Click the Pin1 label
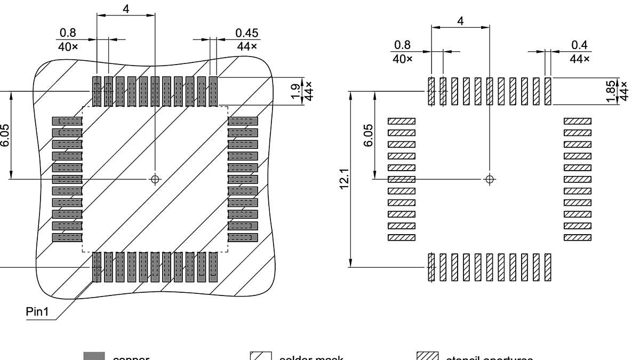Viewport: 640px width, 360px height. tap(37, 312)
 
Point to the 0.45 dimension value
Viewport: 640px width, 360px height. tap(246, 33)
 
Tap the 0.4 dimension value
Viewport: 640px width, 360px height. tap(580, 46)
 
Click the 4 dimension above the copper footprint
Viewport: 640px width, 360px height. tap(126, 9)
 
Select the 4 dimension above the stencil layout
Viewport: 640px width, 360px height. tap(460, 21)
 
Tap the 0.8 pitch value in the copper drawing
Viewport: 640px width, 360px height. tap(68, 33)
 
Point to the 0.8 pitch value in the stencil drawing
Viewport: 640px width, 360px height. tap(402, 46)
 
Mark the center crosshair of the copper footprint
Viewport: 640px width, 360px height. tap(155, 179)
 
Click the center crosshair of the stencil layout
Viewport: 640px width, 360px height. tap(490, 179)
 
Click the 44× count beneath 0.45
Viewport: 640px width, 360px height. tap(246, 46)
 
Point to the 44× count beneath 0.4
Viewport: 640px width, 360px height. tap(580, 59)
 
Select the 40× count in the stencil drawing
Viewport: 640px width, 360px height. tap(403, 59)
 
